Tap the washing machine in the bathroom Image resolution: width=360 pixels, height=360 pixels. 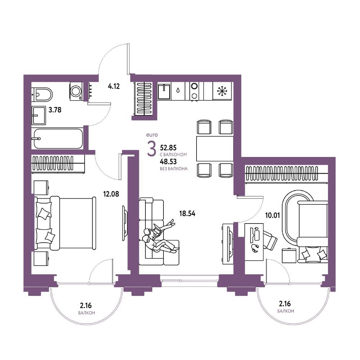pyautogui.click(x=76, y=91)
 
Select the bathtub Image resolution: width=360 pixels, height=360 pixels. pyautogui.click(x=58, y=139)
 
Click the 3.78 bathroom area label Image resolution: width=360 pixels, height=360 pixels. pyautogui.click(x=55, y=110)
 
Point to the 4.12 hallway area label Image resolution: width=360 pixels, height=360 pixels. pyautogui.click(x=114, y=86)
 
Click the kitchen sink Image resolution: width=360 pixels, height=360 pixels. pyautogui.click(x=164, y=91)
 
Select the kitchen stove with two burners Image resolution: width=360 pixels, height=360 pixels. pyautogui.click(x=195, y=91)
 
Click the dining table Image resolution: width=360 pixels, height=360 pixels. pyautogui.click(x=215, y=149)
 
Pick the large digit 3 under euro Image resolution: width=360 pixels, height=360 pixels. pyautogui.click(x=151, y=149)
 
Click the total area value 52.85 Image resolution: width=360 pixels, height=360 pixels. pyautogui.click(x=168, y=147)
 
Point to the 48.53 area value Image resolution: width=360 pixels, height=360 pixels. pyautogui.click(x=168, y=162)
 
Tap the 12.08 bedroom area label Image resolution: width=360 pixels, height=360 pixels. pyautogui.click(x=111, y=194)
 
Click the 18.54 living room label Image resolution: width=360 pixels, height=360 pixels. pyautogui.click(x=187, y=214)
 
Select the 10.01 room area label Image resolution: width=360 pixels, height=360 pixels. pyautogui.click(x=273, y=215)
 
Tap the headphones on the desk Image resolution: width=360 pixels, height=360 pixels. pyautogui.click(x=255, y=248)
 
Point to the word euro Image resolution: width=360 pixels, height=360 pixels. pyautogui.click(x=152, y=135)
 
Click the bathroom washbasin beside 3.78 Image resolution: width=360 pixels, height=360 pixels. pyautogui.click(x=39, y=115)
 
